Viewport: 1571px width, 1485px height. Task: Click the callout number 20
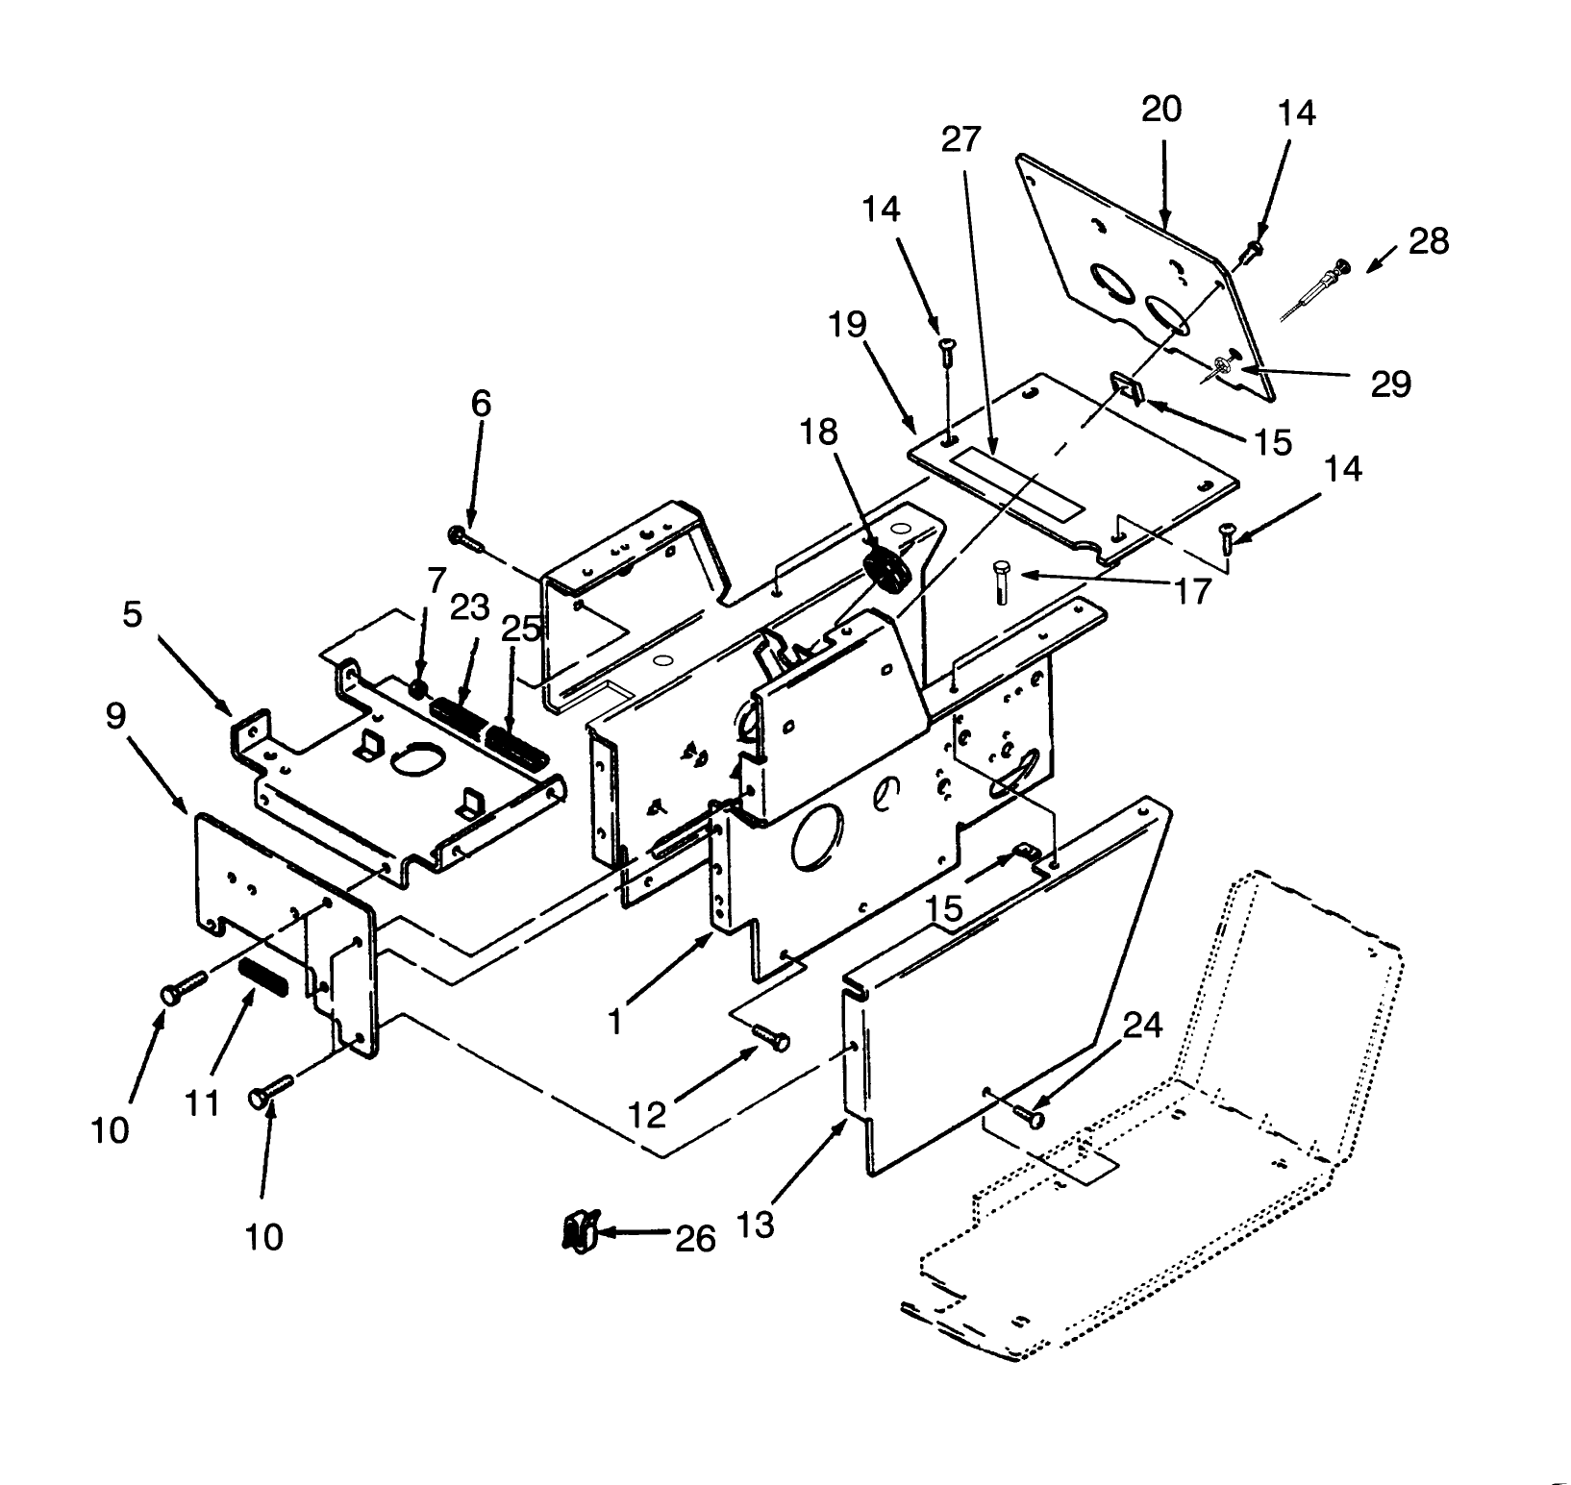coord(1160,109)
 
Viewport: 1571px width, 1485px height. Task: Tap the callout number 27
coord(960,139)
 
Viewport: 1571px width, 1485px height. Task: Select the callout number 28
coord(1428,240)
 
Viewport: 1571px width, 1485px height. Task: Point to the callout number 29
coord(1390,384)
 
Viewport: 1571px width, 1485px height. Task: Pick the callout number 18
coord(819,433)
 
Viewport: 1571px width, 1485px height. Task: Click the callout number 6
coord(481,404)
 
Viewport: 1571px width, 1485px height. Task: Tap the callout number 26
coord(695,1239)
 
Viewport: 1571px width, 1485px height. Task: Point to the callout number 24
coord(1143,1027)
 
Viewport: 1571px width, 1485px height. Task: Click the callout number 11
coord(203,1102)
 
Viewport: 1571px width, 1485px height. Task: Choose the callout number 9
coord(116,716)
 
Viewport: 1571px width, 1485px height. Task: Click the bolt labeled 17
coord(1000,580)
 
